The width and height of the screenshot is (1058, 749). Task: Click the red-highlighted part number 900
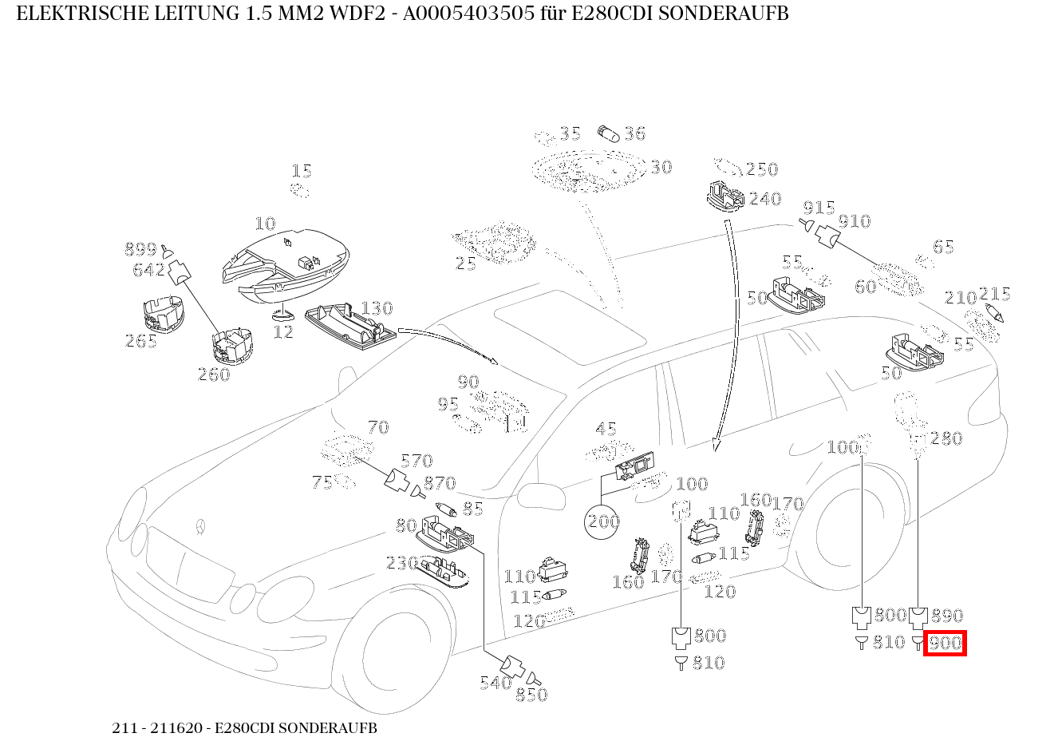click(x=945, y=643)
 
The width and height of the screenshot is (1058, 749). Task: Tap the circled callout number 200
click(x=603, y=522)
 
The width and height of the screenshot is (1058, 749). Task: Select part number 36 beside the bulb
click(x=634, y=133)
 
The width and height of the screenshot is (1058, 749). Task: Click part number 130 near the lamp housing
click(x=377, y=308)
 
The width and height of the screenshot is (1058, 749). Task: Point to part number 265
click(x=141, y=341)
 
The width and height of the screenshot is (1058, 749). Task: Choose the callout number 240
click(x=764, y=199)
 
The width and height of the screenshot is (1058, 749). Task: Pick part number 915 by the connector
click(x=819, y=207)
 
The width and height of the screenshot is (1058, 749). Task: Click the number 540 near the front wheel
click(x=495, y=683)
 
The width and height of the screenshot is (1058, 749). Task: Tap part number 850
click(x=531, y=695)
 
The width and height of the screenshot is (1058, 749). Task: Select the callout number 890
click(x=947, y=616)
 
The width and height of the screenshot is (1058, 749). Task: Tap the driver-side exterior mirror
click(x=536, y=496)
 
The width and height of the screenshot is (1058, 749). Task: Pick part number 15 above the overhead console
click(x=301, y=171)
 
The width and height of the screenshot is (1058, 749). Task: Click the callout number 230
click(x=402, y=563)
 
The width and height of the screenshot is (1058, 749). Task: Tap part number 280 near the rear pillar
click(x=946, y=438)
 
